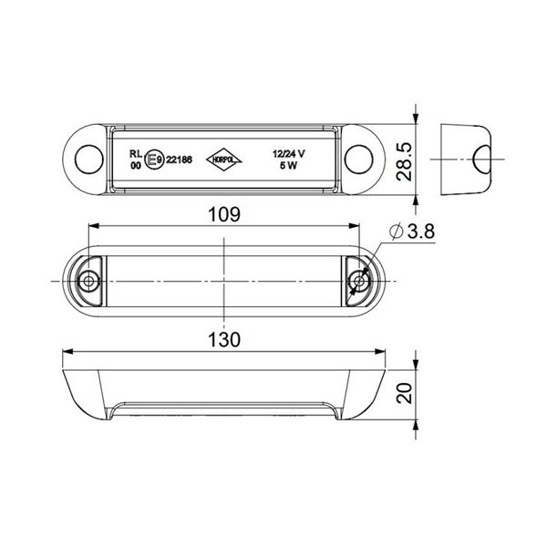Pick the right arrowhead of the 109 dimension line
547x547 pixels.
pos(356,228)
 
